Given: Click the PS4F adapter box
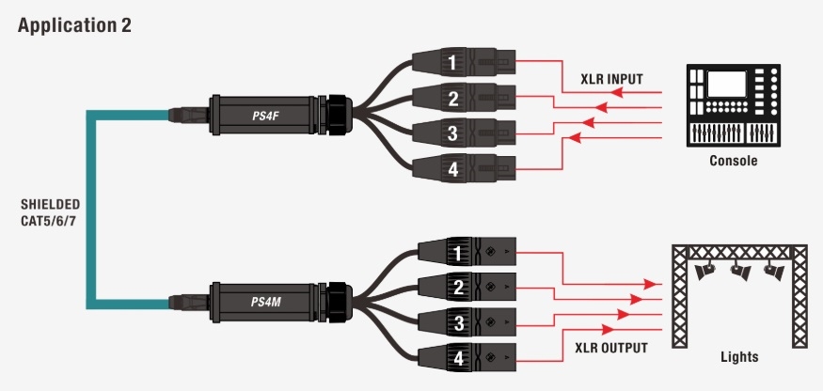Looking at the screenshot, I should coord(269,114).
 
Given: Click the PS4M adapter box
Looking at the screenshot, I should coord(269,302).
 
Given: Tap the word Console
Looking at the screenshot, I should coord(734,162).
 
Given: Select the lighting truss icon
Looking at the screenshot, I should coord(740,291).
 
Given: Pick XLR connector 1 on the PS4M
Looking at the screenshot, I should coord(467,253).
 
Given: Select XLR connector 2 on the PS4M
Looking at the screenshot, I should coord(467,288).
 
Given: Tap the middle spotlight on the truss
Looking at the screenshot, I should coord(740,273).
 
